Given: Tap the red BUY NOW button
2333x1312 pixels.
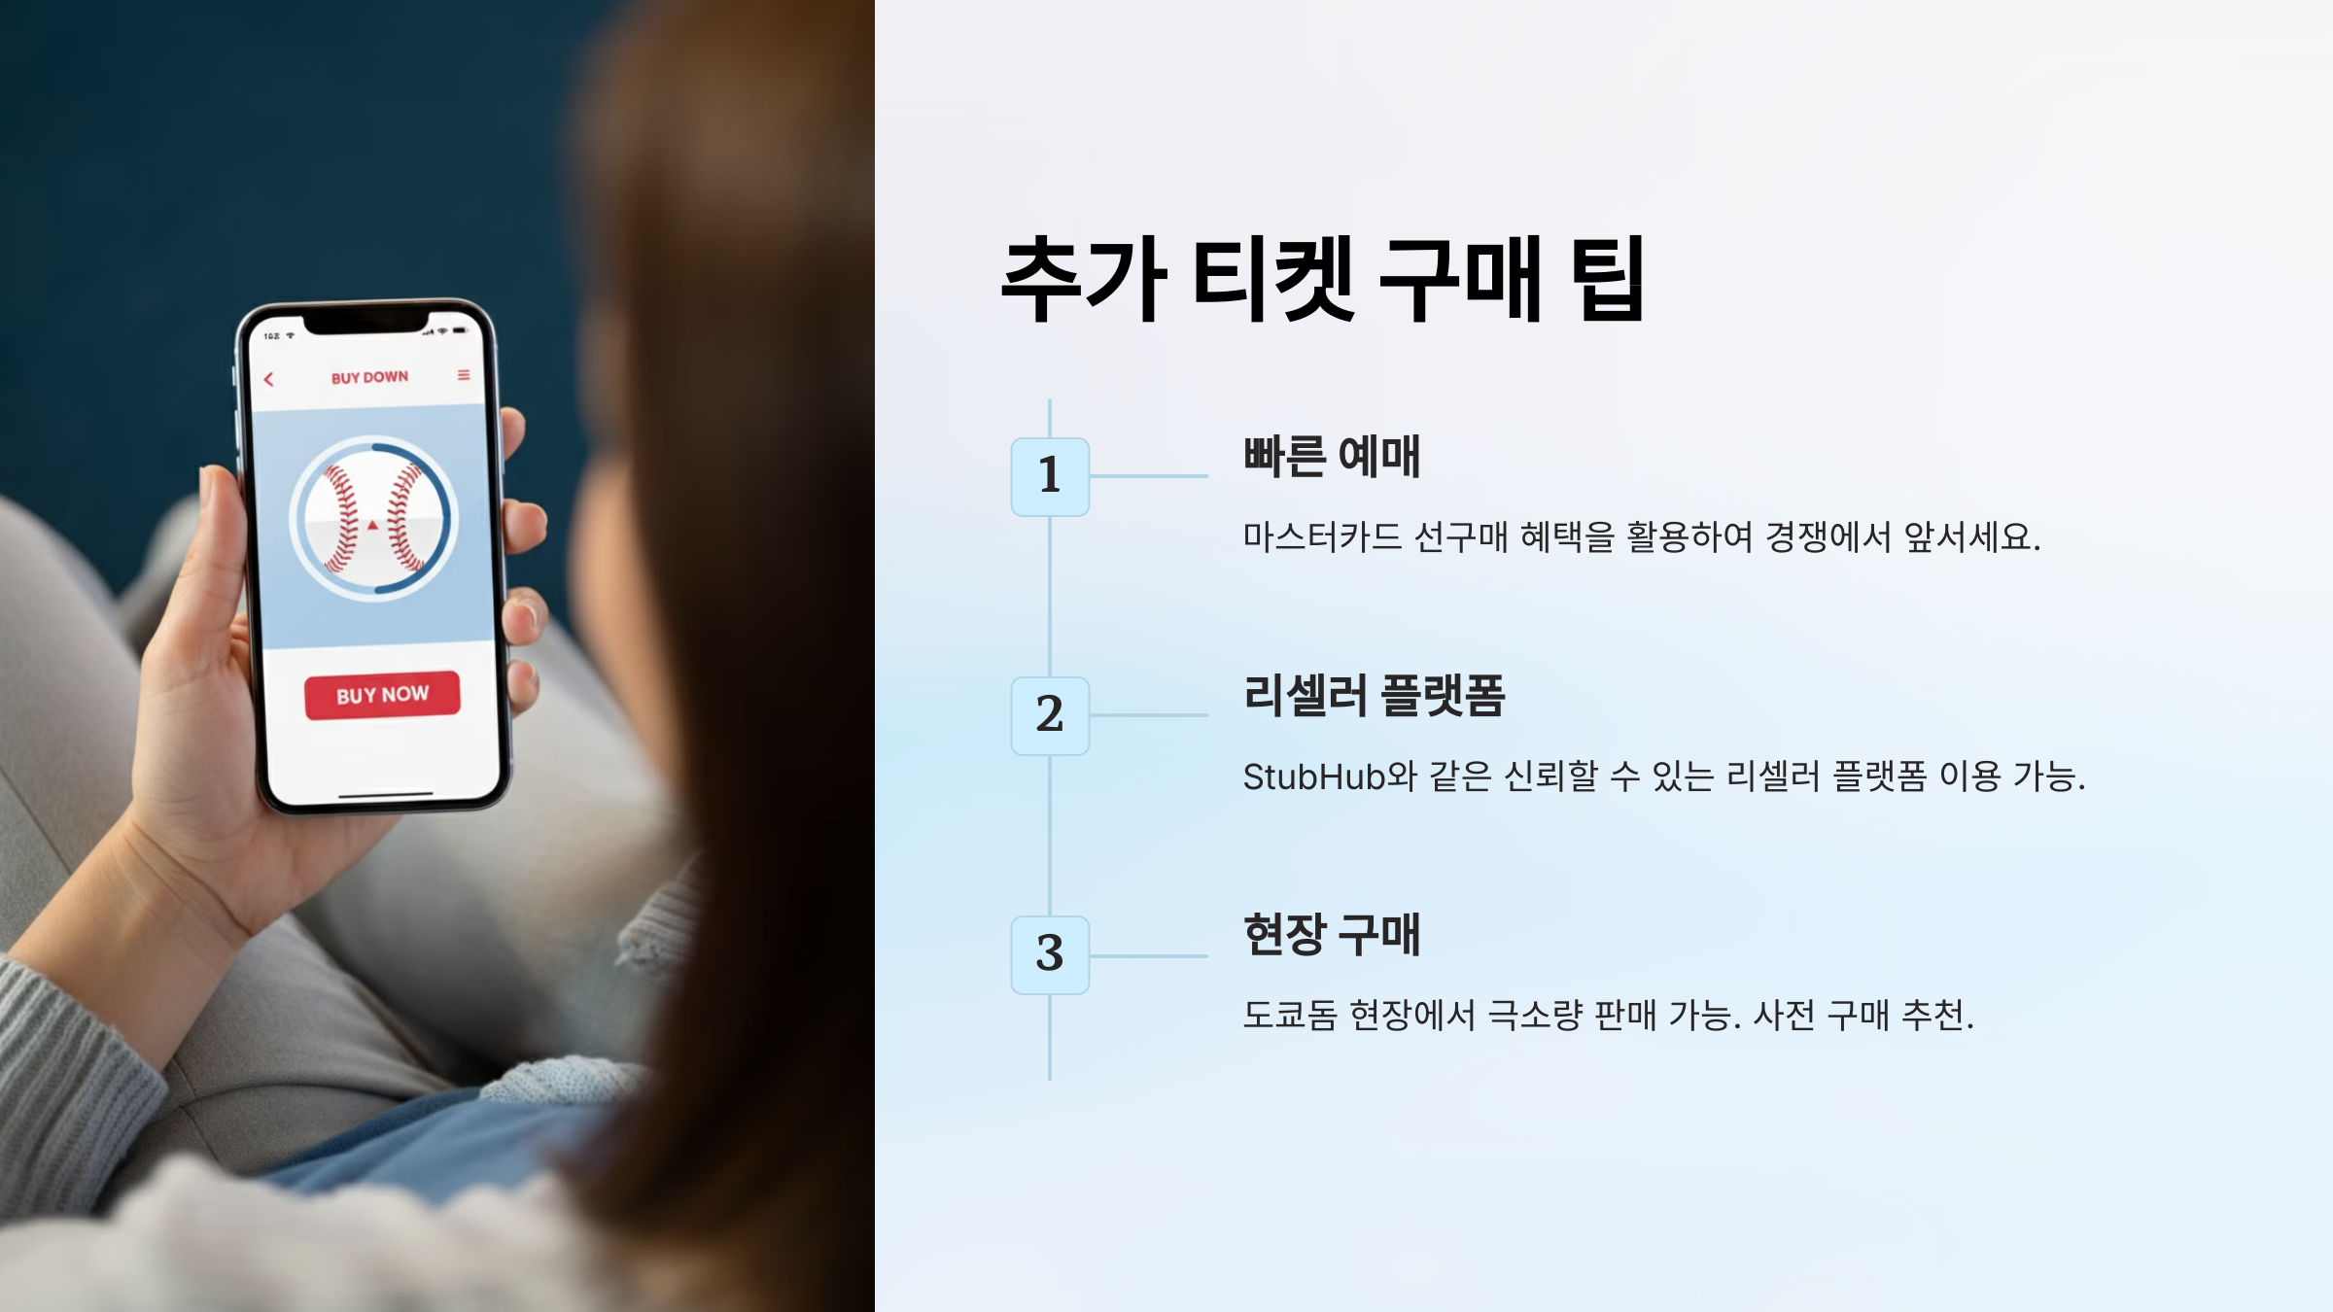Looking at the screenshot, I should coord(382,695).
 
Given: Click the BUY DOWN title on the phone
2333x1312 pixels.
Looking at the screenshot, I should coord(369,377).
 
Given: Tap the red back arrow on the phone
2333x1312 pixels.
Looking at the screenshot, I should coord(269,379).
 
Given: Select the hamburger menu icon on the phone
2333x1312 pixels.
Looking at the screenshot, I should coord(464,375).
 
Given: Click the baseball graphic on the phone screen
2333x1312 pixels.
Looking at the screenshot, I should coord(373,519).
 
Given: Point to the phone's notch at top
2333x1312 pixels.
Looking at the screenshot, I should coord(366,322).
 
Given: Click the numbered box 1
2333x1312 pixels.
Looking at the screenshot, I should coord(1050,476).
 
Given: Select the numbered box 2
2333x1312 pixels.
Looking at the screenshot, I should coord(1050,715).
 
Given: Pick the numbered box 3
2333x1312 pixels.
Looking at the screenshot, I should coord(1050,954).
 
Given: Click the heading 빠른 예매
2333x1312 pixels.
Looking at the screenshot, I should coord(1332,457).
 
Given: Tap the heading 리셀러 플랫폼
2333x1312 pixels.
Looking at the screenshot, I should coord(1374,696).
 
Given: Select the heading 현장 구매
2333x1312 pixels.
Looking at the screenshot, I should coord(1332,935).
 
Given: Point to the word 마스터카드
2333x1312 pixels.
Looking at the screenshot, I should coord(1322,536).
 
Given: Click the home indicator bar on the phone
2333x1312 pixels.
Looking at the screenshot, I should coord(386,794).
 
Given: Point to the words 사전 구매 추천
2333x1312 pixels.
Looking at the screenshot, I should coord(1863,1016).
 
